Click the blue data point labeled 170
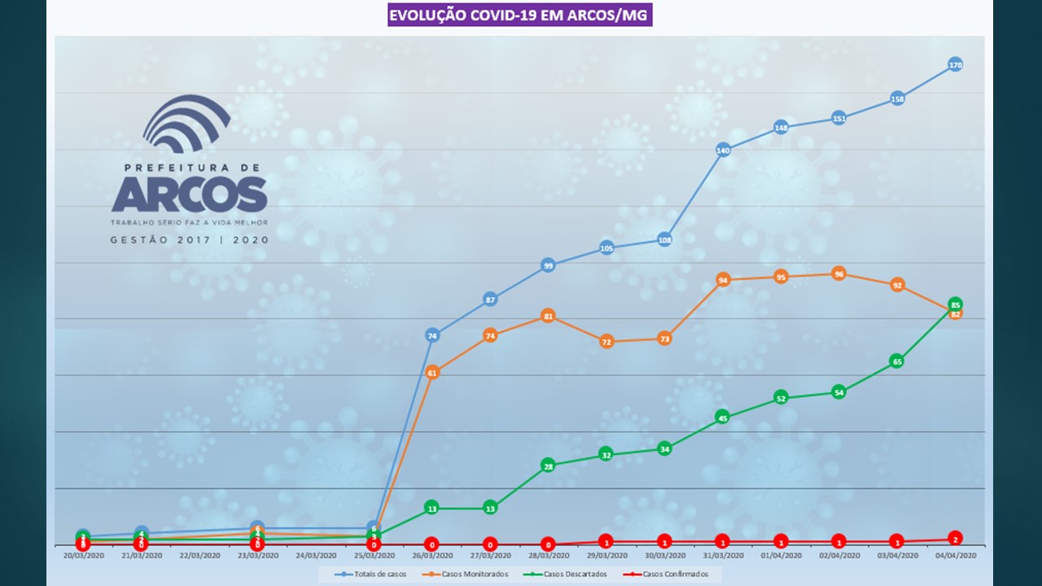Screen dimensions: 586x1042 pyautogui.click(x=956, y=65)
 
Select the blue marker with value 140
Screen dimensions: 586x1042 pyautogui.click(x=723, y=150)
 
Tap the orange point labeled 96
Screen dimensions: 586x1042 pyautogui.click(x=839, y=274)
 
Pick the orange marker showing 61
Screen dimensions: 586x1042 pyautogui.click(x=432, y=373)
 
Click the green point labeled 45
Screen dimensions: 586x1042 pyautogui.click(x=723, y=418)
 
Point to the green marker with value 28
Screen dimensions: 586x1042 pyautogui.click(x=549, y=466)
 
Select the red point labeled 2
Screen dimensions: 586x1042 pyautogui.click(x=956, y=538)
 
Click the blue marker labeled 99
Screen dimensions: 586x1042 pyautogui.click(x=549, y=265)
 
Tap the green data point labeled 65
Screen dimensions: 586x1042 pyautogui.click(x=897, y=361)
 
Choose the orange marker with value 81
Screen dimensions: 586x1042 pyautogui.click(x=549, y=316)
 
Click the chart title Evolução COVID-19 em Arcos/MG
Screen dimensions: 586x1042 pyautogui.click(x=519, y=15)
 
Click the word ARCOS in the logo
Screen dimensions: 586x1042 pyautogui.click(x=189, y=195)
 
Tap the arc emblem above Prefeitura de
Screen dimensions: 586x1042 pyautogui.click(x=186, y=125)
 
